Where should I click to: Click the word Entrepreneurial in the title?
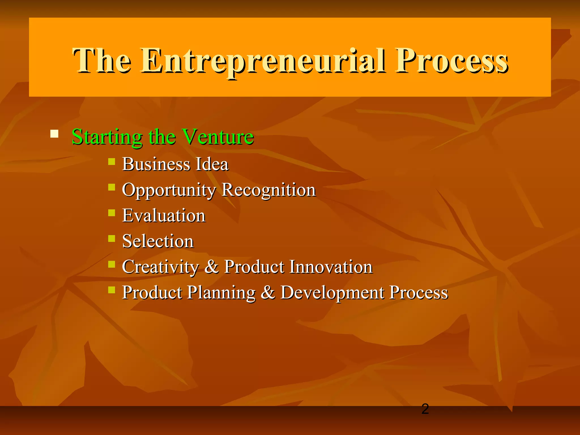pyautogui.click(x=263, y=61)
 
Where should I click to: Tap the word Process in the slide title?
pyautogui.click(x=452, y=61)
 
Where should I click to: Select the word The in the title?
pyautogui.click(x=102, y=61)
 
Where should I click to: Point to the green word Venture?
pyautogui.click(x=217, y=137)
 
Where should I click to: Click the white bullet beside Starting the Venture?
pyautogui.click(x=54, y=134)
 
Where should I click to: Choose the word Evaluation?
pyautogui.click(x=164, y=216)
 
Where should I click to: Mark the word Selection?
pyautogui.click(x=158, y=241)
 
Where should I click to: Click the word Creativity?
pyautogui.click(x=160, y=267)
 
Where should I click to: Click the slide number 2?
pyautogui.click(x=425, y=409)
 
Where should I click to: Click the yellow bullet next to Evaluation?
pyautogui.click(x=112, y=213)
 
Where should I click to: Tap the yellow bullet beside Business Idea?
pyautogui.click(x=112, y=161)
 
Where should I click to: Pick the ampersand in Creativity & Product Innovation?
pyautogui.click(x=212, y=267)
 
